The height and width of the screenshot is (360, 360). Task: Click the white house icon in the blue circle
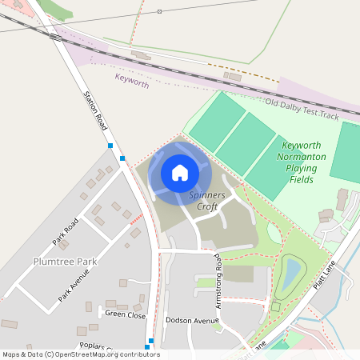(180, 172)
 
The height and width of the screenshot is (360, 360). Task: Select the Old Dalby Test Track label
(302, 110)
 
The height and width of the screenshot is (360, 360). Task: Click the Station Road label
(95, 110)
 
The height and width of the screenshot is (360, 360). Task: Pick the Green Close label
(126, 314)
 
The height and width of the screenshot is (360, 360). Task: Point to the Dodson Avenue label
(191, 320)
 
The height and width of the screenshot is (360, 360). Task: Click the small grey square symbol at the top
(159, 11)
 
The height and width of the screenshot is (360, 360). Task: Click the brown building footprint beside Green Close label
(141, 307)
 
